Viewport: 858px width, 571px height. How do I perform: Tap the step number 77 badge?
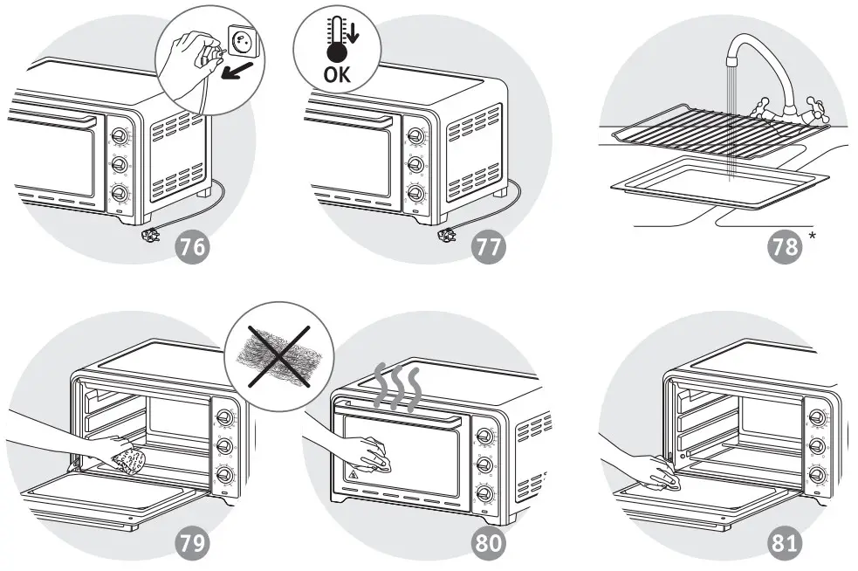pyautogui.click(x=489, y=247)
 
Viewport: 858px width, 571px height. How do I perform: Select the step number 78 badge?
pyautogui.click(x=785, y=247)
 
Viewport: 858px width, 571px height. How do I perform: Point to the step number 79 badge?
pyautogui.click(x=194, y=543)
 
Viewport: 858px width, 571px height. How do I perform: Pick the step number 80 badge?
pyautogui.click(x=489, y=543)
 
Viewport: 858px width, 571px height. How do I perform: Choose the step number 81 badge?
pyautogui.click(x=785, y=543)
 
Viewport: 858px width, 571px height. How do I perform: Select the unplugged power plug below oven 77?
pyautogui.click(x=446, y=235)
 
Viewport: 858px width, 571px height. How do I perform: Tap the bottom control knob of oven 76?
pyautogui.click(x=119, y=194)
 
